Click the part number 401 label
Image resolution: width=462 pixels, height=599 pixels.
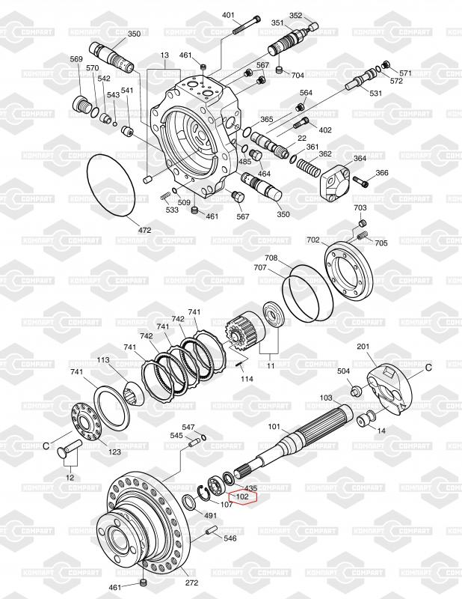(228, 15)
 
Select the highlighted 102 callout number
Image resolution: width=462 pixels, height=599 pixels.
(243, 496)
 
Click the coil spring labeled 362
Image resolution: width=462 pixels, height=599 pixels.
(309, 167)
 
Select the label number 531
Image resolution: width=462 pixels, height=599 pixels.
(375, 93)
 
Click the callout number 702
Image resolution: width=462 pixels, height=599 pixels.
(312, 240)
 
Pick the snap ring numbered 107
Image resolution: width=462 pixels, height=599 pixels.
(203, 493)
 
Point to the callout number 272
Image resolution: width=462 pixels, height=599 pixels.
(191, 583)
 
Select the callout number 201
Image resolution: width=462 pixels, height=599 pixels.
(363, 347)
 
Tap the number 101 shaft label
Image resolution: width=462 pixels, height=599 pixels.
(274, 426)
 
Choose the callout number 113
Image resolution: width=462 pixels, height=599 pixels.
(103, 360)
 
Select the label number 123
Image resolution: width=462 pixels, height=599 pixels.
(114, 452)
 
